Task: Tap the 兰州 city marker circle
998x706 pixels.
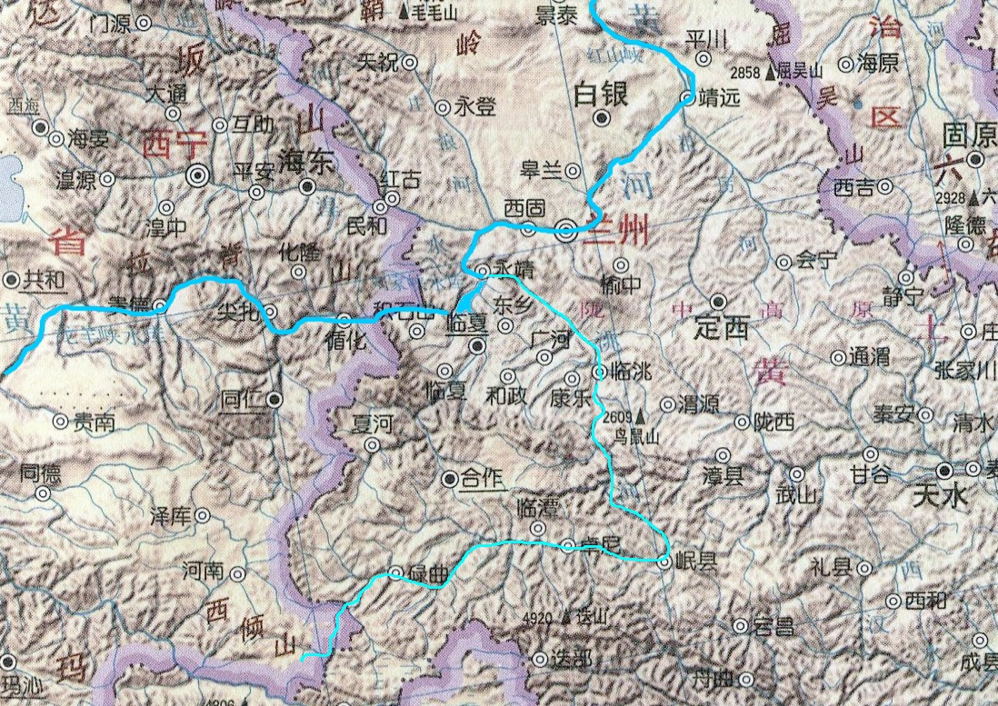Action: click(567, 231)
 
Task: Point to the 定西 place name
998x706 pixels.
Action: click(725, 328)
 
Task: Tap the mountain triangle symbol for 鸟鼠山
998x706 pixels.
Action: click(639, 417)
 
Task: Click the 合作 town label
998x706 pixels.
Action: click(482, 479)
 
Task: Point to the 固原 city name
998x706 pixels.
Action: click(965, 134)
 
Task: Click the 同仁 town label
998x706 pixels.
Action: click(243, 398)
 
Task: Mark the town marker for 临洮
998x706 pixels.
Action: click(599, 372)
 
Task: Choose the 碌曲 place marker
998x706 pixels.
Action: click(395, 572)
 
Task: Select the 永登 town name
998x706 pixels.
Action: click(474, 107)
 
